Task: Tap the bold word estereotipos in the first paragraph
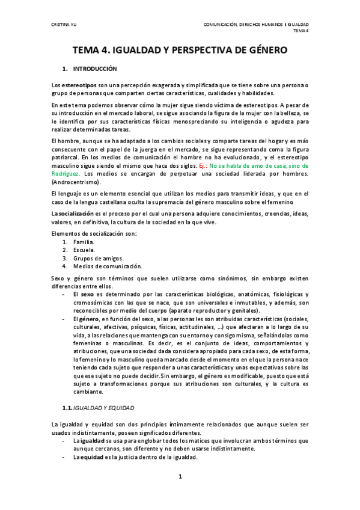[x=78, y=85]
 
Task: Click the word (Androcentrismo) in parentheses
[x=76, y=182]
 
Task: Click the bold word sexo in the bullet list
[x=87, y=294]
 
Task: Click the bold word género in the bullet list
[x=89, y=318]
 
